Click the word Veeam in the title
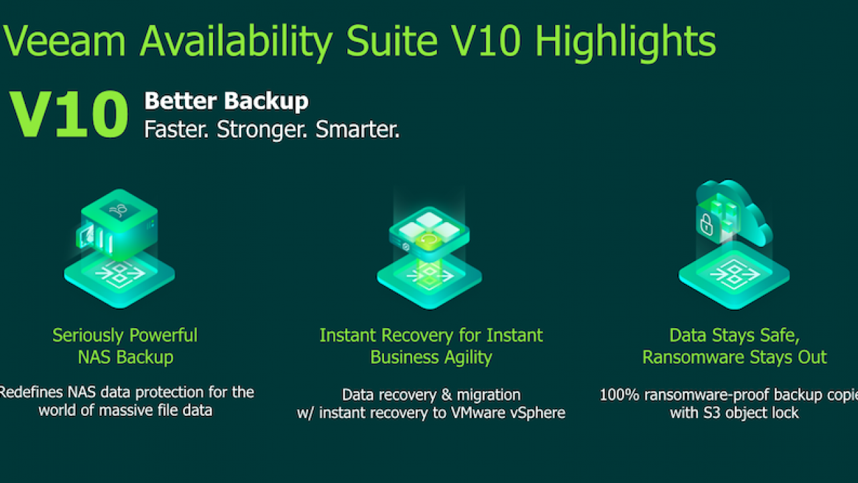click(x=64, y=41)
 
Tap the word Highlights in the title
click(x=625, y=42)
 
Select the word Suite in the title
click(x=391, y=41)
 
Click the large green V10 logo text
click(x=69, y=114)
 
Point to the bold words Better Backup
click(x=227, y=101)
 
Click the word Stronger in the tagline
click(x=261, y=129)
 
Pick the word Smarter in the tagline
click(x=357, y=129)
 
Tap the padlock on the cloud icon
click(x=707, y=224)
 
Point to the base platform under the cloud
click(x=734, y=276)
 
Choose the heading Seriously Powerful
click(x=125, y=335)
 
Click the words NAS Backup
click(x=125, y=358)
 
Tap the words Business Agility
click(x=431, y=358)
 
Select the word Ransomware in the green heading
click(x=694, y=358)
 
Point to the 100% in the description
click(x=619, y=395)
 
